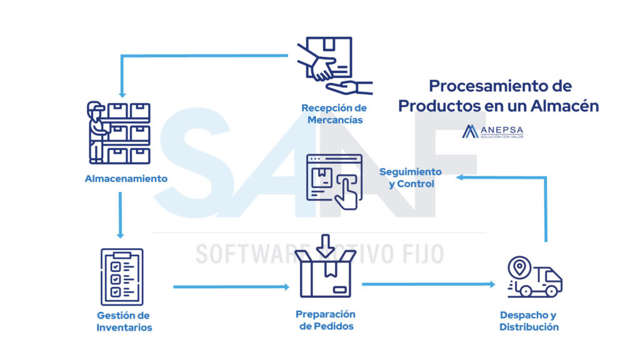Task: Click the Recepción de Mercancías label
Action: (x=335, y=113)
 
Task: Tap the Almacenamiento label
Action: (x=126, y=179)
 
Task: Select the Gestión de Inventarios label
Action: (x=124, y=321)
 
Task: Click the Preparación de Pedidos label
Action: (x=326, y=320)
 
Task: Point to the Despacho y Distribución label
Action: (x=529, y=321)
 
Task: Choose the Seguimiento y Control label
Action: (x=410, y=177)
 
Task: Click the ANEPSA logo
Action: (x=492, y=132)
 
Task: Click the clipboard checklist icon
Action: (x=122, y=276)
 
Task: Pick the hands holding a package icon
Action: (x=334, y=64)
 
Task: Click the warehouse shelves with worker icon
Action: (x=119, y=132)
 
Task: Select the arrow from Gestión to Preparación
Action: (x=231, y=287)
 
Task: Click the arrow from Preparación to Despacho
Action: (x=428, y=284)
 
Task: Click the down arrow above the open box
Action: (x=325, y=244)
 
